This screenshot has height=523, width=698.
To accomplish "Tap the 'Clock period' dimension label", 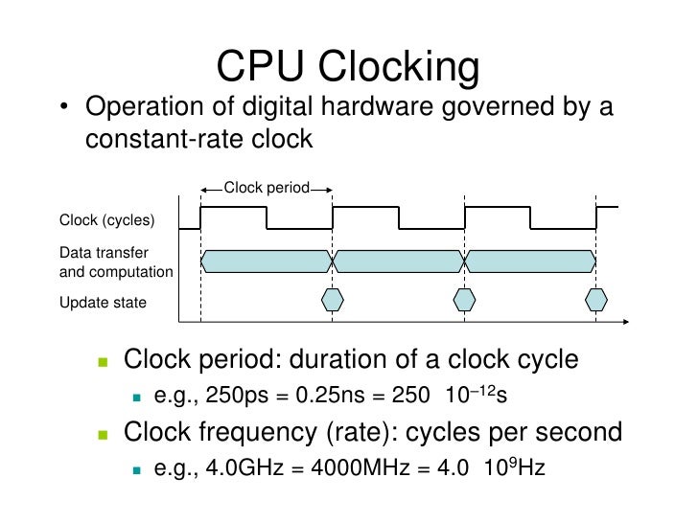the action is click(266, 188).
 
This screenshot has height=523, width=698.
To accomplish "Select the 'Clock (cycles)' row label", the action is click(107, 220).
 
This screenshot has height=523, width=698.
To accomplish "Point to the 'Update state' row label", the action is click(104, 303).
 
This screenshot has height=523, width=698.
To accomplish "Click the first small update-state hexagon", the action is click(332, 299).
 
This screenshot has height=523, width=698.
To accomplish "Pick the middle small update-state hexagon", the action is click(464, 299).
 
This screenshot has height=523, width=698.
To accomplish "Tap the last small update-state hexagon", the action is click(596, 299).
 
